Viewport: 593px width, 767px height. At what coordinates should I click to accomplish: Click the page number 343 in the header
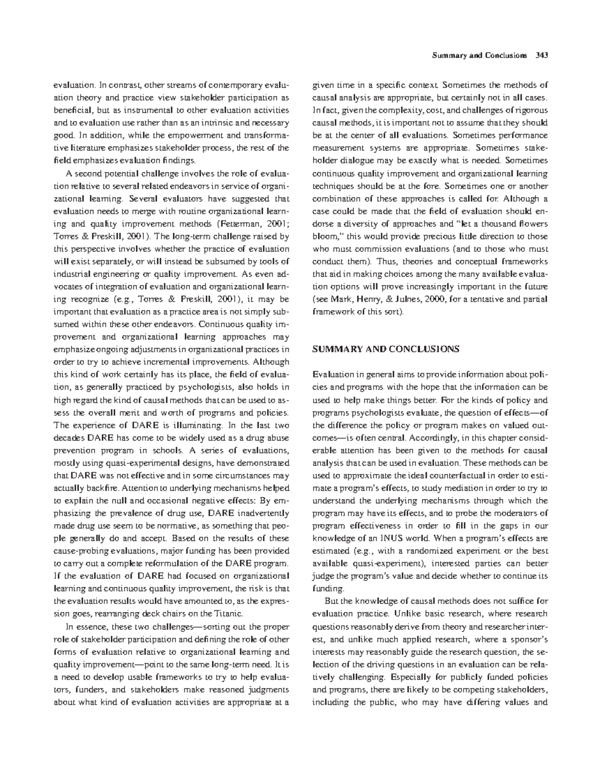[543, 55]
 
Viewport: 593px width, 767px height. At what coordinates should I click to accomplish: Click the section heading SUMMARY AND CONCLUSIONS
[386, 349]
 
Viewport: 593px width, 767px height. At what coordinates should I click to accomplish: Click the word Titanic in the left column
[228, 614]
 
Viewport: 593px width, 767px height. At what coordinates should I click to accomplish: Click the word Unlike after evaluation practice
[407, 614]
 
